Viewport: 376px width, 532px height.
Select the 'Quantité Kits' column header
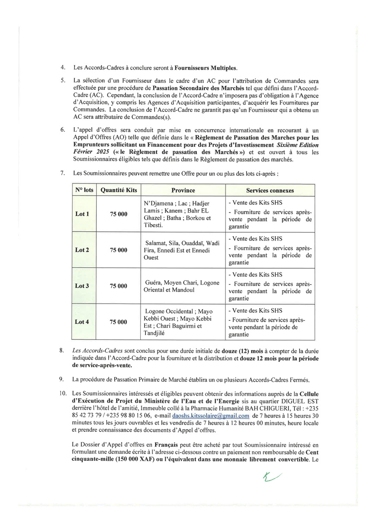(119, 190)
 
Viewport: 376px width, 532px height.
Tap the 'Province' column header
(183, 190)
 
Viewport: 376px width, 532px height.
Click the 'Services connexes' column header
(270, 190)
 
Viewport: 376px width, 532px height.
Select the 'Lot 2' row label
(82, 250)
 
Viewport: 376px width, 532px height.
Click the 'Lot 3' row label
(82, 286)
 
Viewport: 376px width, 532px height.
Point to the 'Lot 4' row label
(82, 322)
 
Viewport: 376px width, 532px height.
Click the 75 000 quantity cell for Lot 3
(119, 286)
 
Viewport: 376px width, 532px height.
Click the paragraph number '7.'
(63, 173)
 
